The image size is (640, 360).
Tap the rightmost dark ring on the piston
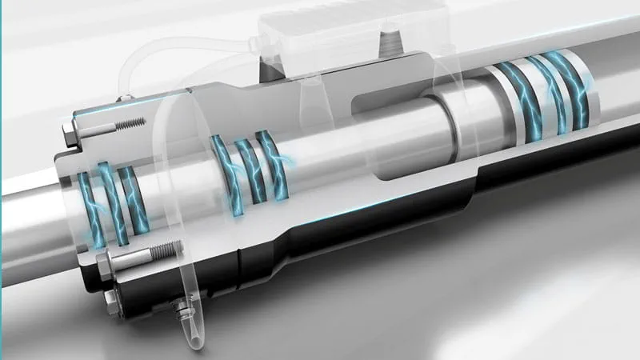tap(572, 90)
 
